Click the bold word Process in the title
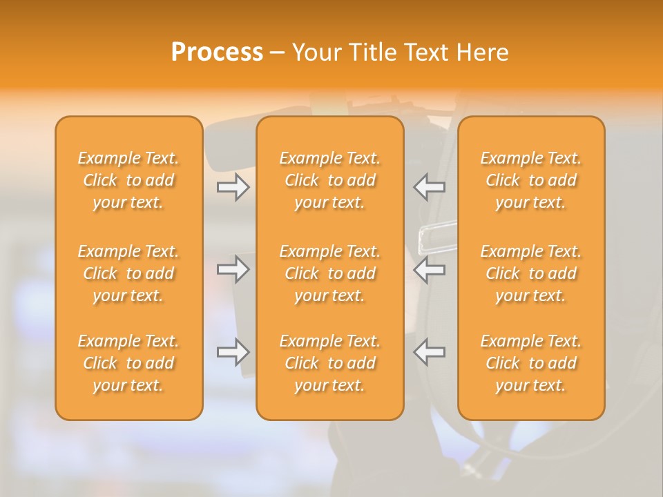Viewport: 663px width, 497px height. coord(217,52)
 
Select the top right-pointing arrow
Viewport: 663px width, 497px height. coord(233,187)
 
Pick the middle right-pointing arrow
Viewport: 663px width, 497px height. coord(233,269)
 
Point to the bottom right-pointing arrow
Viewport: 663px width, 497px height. coord(233,352)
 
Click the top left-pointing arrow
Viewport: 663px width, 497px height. coord(430,187)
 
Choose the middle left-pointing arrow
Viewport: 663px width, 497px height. coord(430,269)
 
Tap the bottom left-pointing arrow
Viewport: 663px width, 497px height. coord(430,352)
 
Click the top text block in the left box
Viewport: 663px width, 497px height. coord(128,180)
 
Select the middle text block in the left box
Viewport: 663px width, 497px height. coord(128,273)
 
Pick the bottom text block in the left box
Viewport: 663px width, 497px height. coord(128,363)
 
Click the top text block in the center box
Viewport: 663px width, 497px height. coord(330,180)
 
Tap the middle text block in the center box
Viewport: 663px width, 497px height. coord(330,273)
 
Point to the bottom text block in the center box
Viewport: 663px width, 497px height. coord(330,363)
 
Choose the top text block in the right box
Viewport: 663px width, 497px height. coord(531,180)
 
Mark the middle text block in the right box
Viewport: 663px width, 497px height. coord(531,273)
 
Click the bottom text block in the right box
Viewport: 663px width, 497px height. coord(531,363)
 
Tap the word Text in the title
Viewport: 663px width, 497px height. coord(426,52)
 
